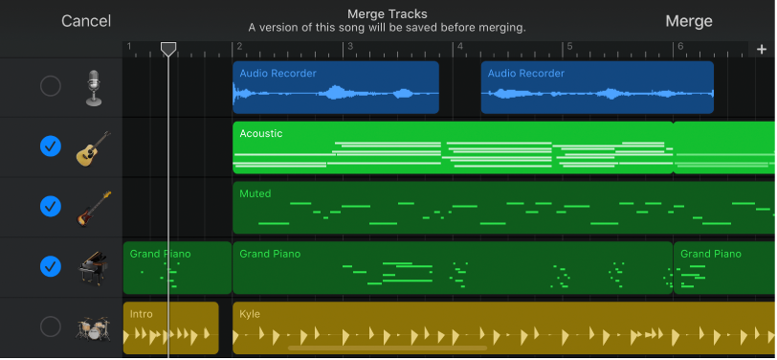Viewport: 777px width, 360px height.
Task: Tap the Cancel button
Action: [x=86, y=21]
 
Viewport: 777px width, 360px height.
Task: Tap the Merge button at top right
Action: [x=689, y=21]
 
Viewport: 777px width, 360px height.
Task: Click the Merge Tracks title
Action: [x=387, y=13]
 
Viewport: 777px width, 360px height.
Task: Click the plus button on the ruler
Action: [x=762, y=49]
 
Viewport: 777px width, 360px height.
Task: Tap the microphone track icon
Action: [x=94, y=87]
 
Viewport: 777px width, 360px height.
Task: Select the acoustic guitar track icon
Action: [x=94, y=147]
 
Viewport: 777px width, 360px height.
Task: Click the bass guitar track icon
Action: [x=94, y=207]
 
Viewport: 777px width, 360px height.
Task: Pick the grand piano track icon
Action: [x=94, y=266]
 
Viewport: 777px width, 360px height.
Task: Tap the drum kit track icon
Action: [x=94, y=327]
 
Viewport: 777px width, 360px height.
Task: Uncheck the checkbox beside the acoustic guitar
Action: [x=51, y=146]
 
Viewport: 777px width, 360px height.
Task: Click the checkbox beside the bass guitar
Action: [x=51, y=206]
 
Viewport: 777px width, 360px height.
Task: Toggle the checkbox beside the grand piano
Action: [x=51, y=266]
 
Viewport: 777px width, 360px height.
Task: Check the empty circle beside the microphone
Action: [x=51, y=87]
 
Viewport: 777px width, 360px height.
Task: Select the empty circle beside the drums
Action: [x=51, y=326]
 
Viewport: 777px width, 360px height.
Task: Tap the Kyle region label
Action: [x=250, y=313]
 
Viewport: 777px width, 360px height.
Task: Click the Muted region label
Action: [x=255, y=193]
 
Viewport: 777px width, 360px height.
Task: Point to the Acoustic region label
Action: [x=261, y=133]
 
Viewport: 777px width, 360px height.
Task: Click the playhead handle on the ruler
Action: [x=168, y=48]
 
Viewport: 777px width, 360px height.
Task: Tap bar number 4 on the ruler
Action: [x=460, y=47]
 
